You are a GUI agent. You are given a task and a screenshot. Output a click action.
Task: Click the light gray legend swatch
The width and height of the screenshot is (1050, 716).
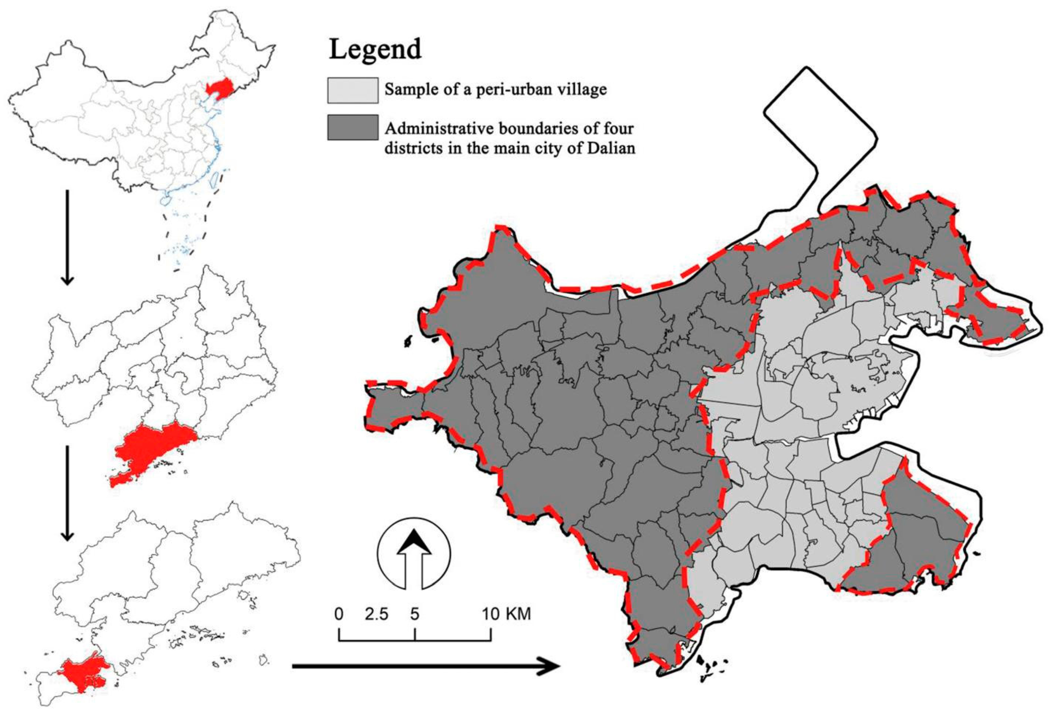tap(353, 90)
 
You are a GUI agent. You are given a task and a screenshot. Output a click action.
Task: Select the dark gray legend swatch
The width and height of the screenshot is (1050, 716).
tap(353, 127)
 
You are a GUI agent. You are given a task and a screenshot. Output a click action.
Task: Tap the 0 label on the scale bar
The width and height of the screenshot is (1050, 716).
tap(339, 614)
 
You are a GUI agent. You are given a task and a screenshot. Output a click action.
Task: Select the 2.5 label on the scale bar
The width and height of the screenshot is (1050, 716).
tap(377, 614)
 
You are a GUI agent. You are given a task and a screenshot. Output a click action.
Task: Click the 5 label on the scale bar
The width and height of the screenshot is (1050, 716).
tap(415, 614)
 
